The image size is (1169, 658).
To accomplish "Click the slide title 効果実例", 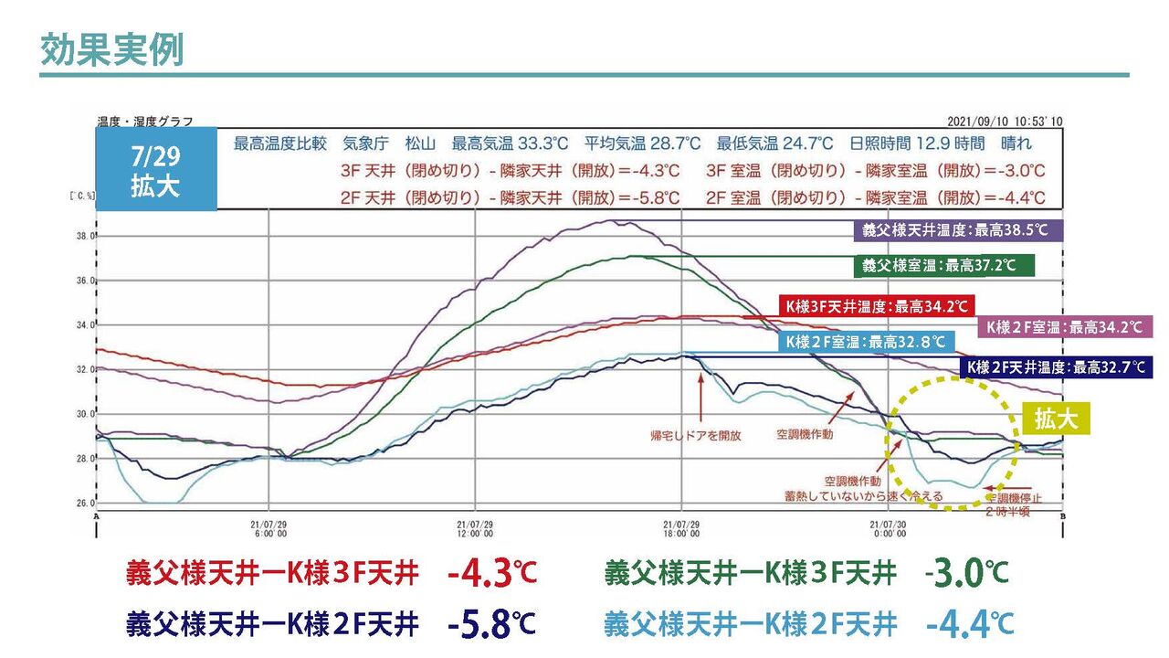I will (111, 50).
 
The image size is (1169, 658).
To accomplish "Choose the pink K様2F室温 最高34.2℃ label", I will (1064, 326).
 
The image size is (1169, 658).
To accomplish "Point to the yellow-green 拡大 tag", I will (1056, 419).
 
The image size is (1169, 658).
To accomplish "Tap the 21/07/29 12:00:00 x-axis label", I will (475, 528).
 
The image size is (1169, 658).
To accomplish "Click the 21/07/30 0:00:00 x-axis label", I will (888, 528).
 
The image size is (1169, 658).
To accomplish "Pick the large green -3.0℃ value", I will (966, 573).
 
